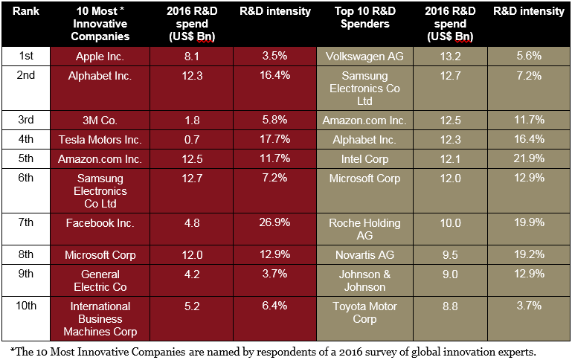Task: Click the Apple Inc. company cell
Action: (100, 56)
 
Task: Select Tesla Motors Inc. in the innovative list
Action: (100, 139)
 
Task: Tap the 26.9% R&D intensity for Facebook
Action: (274, 223)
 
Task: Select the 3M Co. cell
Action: (100, 120)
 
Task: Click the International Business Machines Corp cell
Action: (100, 318)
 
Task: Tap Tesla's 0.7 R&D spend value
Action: (192, 139)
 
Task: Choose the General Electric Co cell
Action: (100, 280)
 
